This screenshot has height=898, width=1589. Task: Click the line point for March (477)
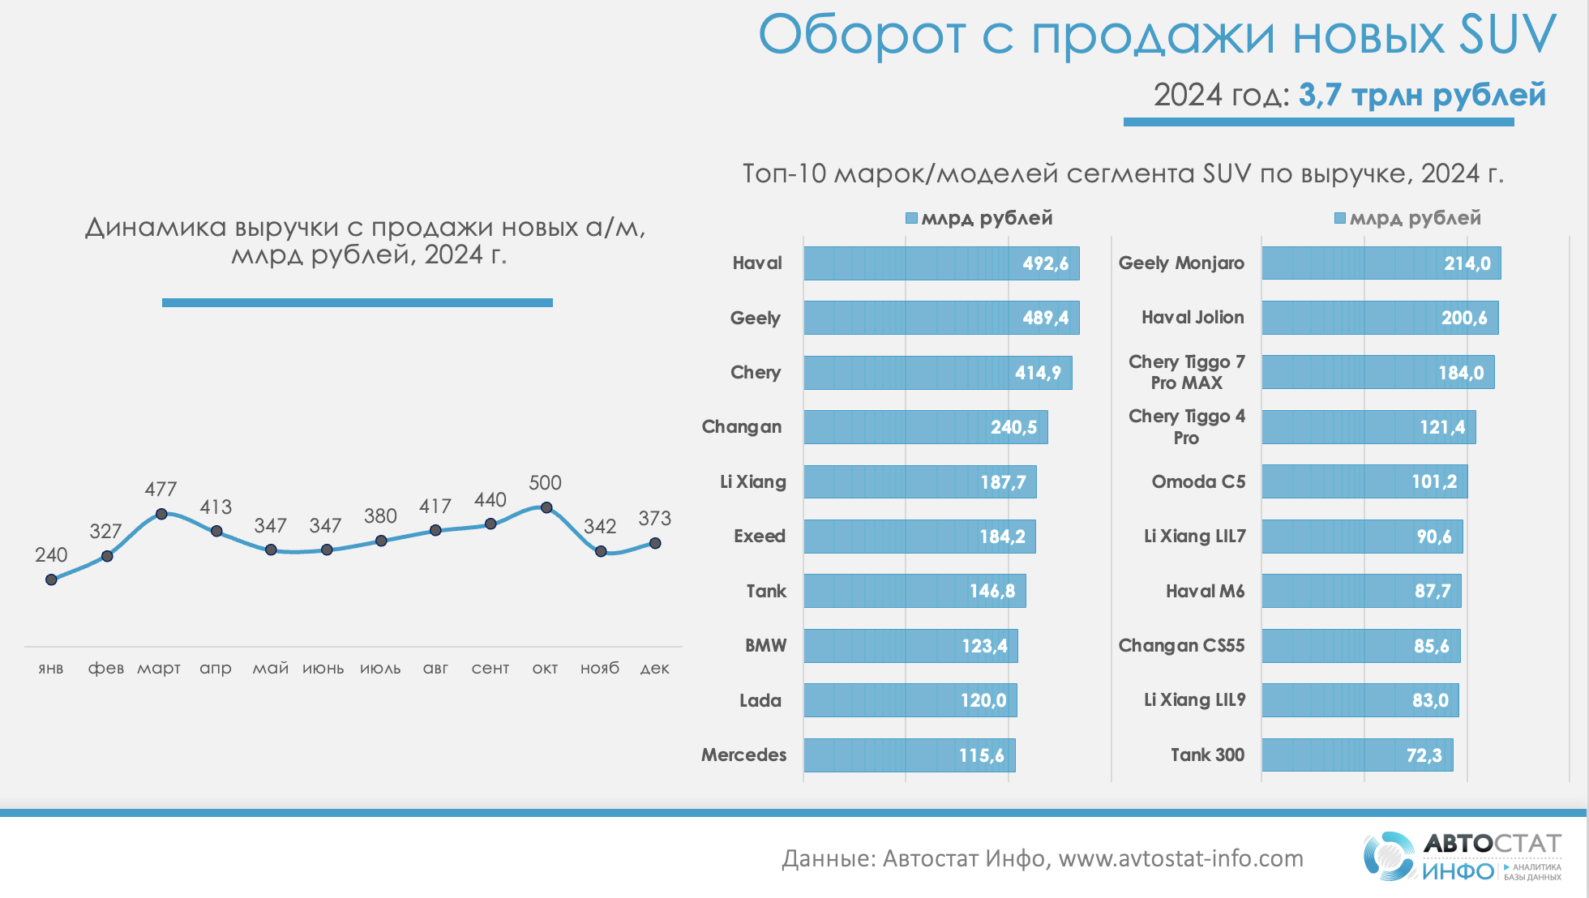pyautogui.click(x=161, y=514)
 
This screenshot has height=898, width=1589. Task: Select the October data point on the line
pyautogui.click(x=546, y=507)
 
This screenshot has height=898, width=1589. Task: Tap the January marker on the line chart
pyautogui.click(x=51, y=579)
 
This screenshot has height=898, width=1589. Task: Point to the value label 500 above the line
pyautogui.click(x=545, y=483)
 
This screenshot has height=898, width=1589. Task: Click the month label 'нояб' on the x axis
pyautogui.click(x=600, y=668)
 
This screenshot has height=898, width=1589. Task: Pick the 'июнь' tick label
pyautogui.click(x=323, y=669)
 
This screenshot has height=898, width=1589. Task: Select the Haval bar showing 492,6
pyautogui.click(x=940, y=263)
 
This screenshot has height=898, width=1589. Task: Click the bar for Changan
pyautogui.click(x=924, y=427)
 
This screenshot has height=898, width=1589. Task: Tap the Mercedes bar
pyautogui.click(x=908, y=755)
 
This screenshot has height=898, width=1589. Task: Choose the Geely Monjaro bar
pyautogui.click(x=1380, y=263)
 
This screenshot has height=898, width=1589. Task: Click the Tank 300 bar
pyautogui.click(x=1356, y=755)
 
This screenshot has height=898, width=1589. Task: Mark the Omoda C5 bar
pyautogui.click(x=1364, y=481)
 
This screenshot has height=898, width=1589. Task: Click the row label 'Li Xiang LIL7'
pyautogui.click(x=1194, y=537)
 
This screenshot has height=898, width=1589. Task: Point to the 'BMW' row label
pyautogui.click(x=766, y=646)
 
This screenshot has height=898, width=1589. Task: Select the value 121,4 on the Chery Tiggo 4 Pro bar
pyautogui.click(x=1442, y=427)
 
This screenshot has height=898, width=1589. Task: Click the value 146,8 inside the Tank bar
pyautogui.click(x=992, y=591)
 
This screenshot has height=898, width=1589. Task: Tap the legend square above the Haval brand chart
pyautogui.click(x=911, y=218)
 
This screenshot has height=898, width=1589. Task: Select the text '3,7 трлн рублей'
pyautogui.click(x=1422, y=95)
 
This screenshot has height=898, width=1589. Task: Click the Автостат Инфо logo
pyautogui.click(x=1462, y=856)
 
